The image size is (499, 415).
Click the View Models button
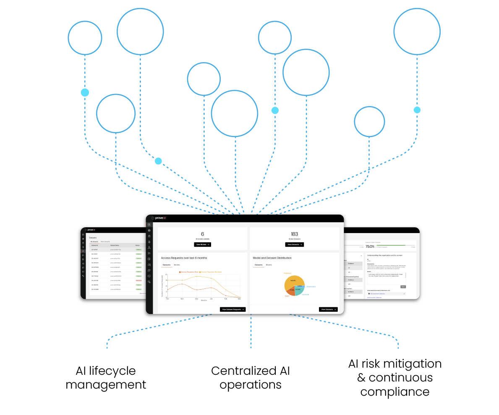(202, 244)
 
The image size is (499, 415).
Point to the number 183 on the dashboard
(294, 234)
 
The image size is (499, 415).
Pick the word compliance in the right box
(394, 392)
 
